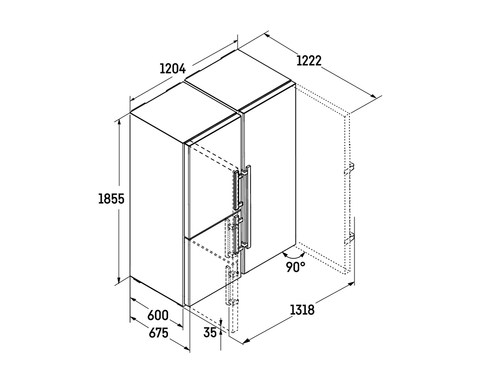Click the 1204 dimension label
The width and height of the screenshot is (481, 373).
click(172, 69)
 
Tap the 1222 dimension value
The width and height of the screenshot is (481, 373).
click(309, 61)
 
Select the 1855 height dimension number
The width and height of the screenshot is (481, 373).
click(111, 199)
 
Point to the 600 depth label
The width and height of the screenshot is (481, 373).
click(158, 315)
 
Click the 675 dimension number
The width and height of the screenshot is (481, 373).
click(158, 333)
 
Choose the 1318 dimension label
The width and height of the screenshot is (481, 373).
click(302, 310)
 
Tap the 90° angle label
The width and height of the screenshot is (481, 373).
click(296, 267)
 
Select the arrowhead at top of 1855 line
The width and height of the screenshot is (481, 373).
click(119, 122)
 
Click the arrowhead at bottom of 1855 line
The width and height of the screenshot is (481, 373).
click(119, 280)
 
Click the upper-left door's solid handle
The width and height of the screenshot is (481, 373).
click(236, 190)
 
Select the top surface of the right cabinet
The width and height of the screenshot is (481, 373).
click(240, 80)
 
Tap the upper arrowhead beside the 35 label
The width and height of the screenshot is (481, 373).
click(221, 322)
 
